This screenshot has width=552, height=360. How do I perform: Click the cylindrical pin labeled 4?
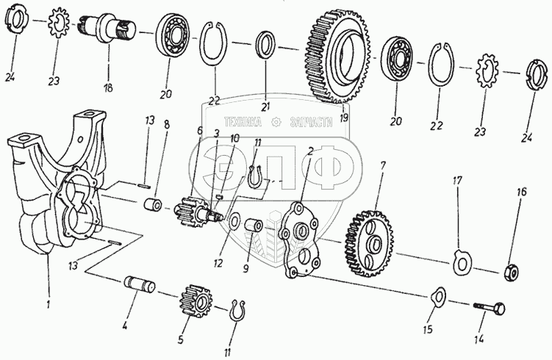coord(139,281)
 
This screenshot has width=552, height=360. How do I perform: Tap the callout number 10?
coord(234,138)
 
